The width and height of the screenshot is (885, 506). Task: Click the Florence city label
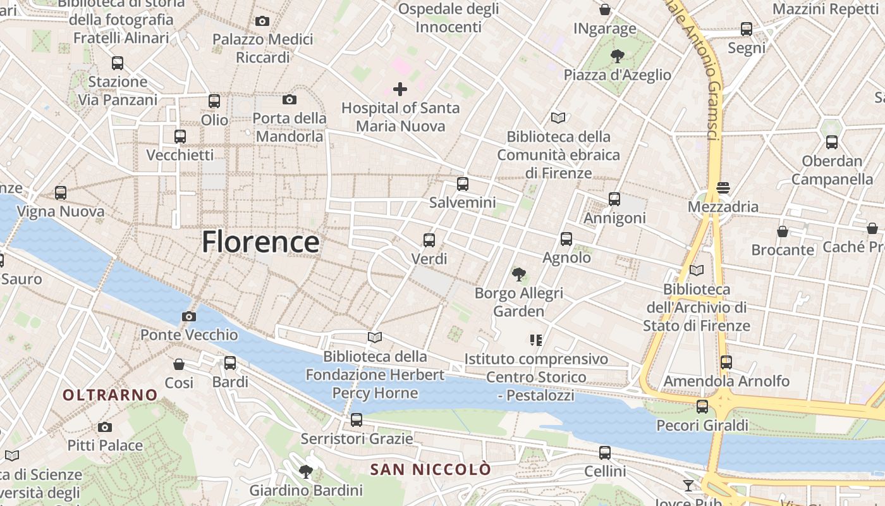tap(260, 242)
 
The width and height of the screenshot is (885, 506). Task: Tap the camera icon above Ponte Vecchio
tap(188, 316)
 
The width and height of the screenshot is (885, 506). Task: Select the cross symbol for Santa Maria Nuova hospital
tap(400, 89)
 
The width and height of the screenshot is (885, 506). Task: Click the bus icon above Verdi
tap(429, 240)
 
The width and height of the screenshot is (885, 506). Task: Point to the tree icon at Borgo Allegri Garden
tap(519, 275)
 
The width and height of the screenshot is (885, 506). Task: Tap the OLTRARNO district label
tap(110, 395)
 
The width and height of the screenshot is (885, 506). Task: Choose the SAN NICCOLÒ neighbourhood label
tap(430, 470)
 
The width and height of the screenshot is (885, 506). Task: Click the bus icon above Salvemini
tap(463, 184)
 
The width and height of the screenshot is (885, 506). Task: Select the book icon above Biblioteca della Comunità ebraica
tap(558, 118)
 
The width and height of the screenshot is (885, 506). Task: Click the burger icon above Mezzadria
tap(723, 188)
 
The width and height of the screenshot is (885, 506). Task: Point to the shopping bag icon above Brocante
tap(783, 231)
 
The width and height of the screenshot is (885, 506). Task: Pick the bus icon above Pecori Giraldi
tap(702, 407)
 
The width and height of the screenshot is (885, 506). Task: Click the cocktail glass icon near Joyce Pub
tap(688, 485)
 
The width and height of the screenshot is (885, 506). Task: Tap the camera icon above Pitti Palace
tap(105, 427)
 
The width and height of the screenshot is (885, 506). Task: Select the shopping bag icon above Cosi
tap(179, 364)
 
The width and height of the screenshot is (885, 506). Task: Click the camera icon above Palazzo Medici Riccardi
tap(262, 21)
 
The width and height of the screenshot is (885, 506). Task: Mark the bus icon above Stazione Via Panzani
tap(118, 63)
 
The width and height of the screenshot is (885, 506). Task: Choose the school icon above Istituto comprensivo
tap(536, 340)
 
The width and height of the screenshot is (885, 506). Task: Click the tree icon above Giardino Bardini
tap(306, 471)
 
